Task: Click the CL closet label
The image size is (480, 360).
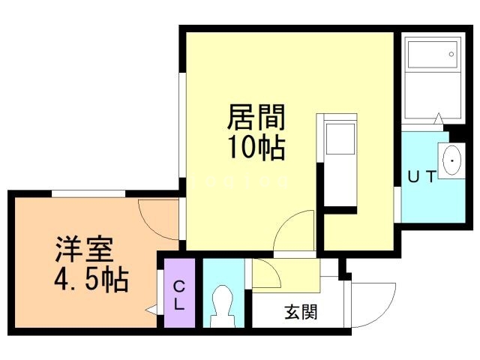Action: [180, 295]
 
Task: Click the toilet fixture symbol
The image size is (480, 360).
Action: [223, 304]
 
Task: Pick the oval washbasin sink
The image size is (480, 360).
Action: [452, 160]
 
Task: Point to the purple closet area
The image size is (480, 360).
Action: [180, 293]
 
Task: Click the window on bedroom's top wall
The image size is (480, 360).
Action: [88, 193]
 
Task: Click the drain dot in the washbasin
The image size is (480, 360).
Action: [452, 159]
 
